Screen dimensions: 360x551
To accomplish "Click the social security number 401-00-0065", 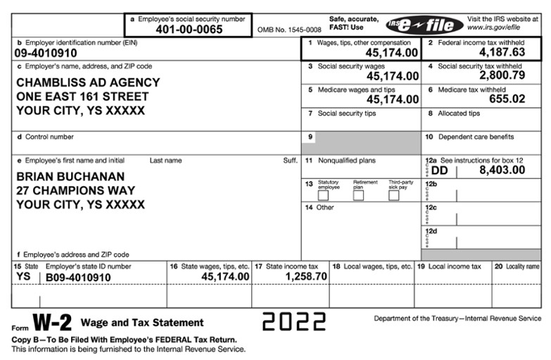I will [189, 30].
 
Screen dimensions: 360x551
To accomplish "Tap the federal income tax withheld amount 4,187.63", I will [502, 52].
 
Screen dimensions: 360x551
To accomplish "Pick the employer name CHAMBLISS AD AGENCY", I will [88, 82].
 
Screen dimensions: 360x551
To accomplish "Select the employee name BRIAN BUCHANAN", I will [70, 176].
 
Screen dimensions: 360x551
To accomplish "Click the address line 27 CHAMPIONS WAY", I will [75, 191].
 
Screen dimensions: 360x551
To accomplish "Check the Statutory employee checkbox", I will [323, 195].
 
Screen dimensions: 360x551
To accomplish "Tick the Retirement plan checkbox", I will [358, 195].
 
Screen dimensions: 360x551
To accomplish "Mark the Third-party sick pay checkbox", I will [394, 195].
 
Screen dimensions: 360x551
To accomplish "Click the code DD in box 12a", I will [439, 170].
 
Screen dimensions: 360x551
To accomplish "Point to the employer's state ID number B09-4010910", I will [78, 278].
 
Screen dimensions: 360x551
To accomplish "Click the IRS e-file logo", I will [424, 25].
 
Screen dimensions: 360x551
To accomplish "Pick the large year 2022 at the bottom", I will [294, 321].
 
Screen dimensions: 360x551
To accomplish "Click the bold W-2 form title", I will [53, 323].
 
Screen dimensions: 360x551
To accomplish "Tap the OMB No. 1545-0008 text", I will [289, 30].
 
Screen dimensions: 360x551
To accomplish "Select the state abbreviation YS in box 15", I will [23, 277].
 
